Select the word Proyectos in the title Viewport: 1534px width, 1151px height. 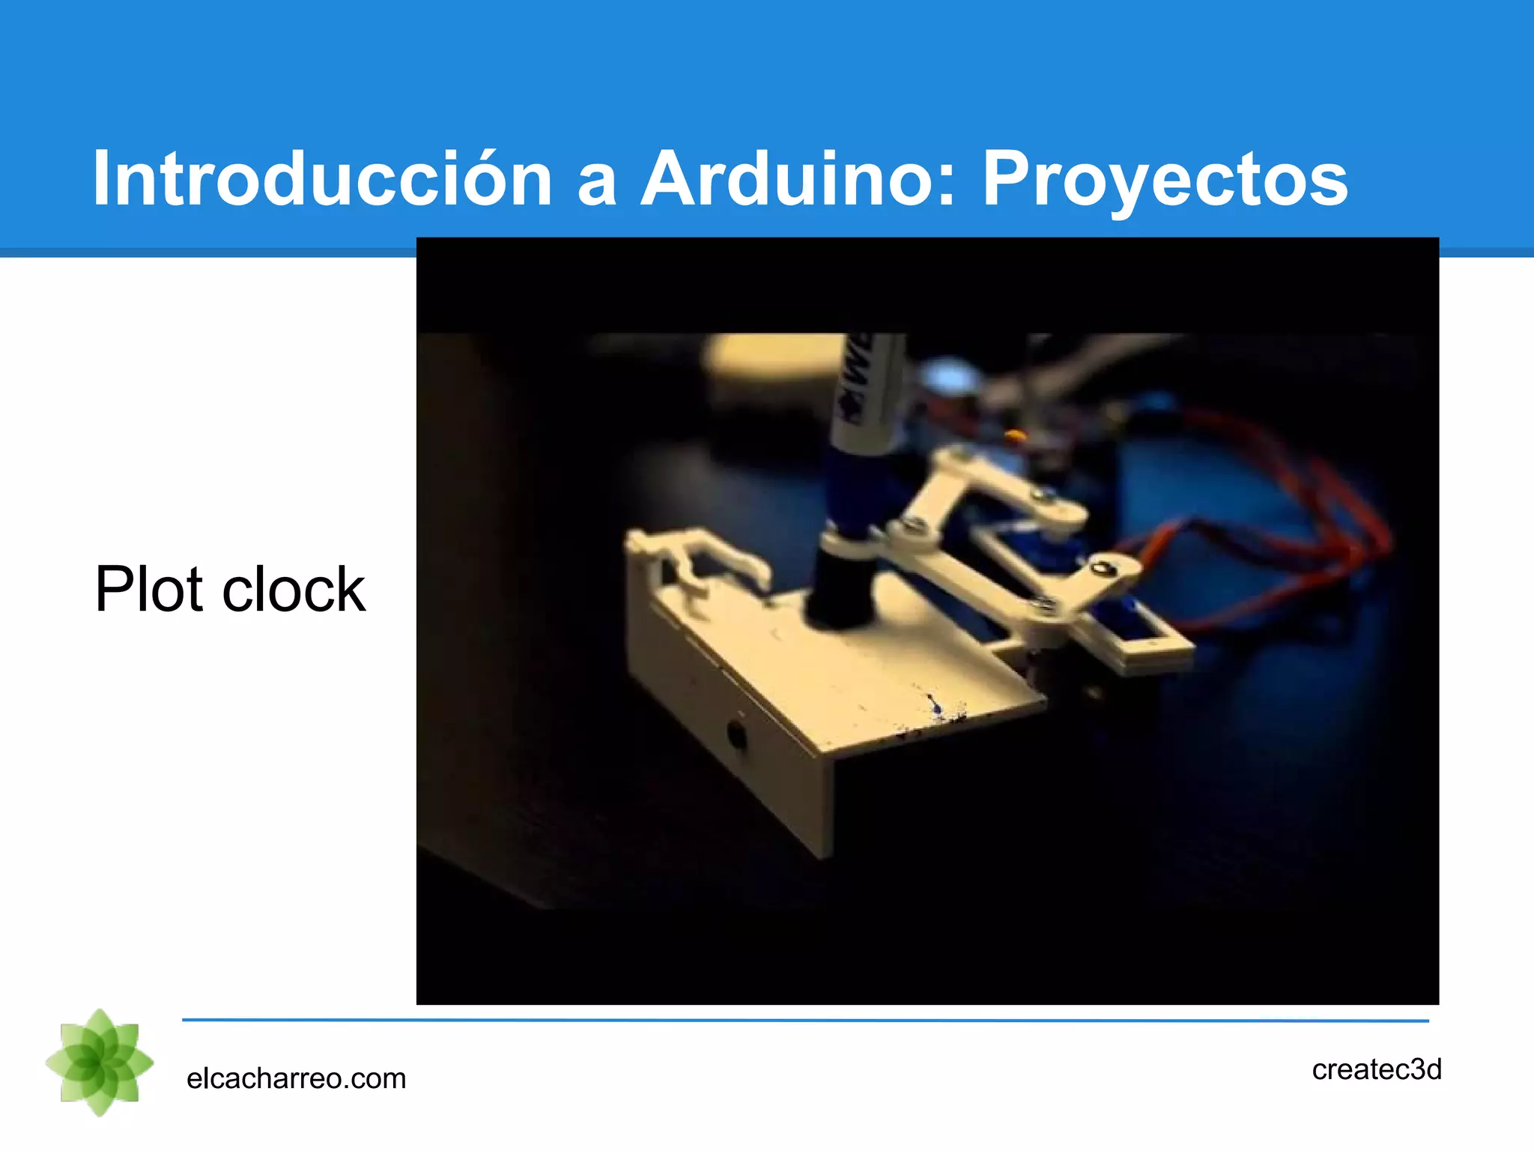coord(1165,180)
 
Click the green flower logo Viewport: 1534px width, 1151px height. coord(100,1063)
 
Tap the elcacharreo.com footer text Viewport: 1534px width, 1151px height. coord(296,1078)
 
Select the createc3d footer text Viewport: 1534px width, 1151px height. coord(1377,1069)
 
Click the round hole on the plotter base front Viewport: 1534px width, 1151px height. coord(736,734)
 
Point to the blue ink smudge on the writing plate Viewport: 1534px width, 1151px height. coord(934,704)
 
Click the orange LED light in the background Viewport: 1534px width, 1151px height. coord(1013,435)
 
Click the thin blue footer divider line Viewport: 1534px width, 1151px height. coord(805,1020)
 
